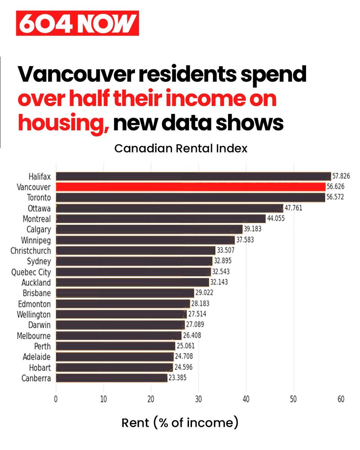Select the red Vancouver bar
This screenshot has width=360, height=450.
click(190, 187)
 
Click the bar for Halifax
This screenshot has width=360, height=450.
click(193, 176)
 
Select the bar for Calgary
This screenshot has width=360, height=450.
click(149, 229)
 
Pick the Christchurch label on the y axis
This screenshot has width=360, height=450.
click(30, 250)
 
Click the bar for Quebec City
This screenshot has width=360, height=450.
click(133, 272)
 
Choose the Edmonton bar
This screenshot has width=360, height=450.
click(123, 303)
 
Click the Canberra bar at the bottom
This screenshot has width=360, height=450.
click(111, 378)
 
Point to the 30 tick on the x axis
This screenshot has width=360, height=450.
click(198, 400)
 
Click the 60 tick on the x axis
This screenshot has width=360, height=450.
click(341, 400)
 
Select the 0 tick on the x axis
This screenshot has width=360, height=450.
click(56, 400)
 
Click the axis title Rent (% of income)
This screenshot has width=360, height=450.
click(180, 423)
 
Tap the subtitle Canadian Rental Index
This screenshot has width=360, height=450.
click(181, 148)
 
